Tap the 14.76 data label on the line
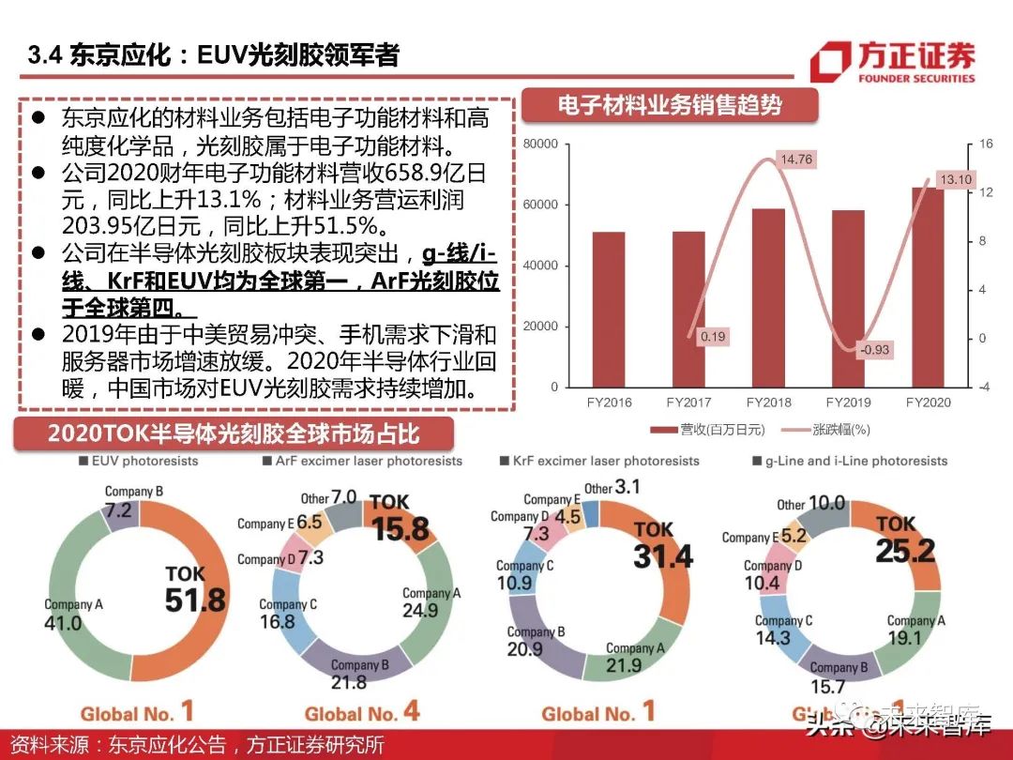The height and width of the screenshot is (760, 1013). point(795,160)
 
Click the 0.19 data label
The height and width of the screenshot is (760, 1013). point(714,336)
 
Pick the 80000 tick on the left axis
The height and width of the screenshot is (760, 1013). point(541,144)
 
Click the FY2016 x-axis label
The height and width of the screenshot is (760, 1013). point(610,403)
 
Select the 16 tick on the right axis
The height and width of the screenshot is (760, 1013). point(986,144)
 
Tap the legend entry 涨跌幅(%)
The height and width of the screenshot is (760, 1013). point(839,430)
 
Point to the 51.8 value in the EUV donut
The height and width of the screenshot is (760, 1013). point(195,600)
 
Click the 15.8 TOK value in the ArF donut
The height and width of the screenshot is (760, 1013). point(399,529)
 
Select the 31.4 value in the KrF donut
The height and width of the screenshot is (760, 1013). point(662,555)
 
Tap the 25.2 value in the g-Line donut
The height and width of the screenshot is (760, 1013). point(905,551)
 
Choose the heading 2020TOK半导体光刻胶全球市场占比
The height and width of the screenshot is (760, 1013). point(234,434)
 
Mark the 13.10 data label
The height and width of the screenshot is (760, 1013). point(956,179)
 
